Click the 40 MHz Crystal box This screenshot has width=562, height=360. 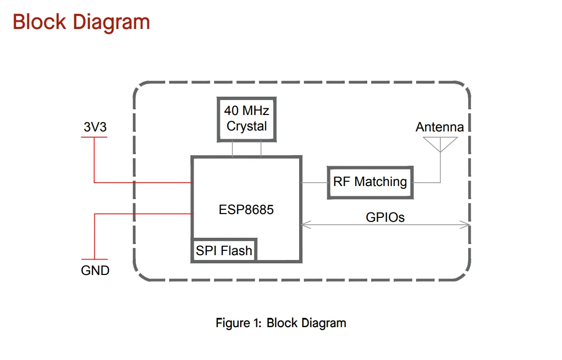(x=246, y=119)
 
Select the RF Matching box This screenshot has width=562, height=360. (x=370, y=182)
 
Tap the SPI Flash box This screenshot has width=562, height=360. (x=224, y=250)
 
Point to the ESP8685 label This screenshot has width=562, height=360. (x=246, y=210)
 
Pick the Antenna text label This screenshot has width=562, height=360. (x=439, y=127)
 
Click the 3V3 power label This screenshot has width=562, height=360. (x=95, y=127)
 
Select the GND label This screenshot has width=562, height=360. (x=95, y=271)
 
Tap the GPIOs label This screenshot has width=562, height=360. (x=385, y=217)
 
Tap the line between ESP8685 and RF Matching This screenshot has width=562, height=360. (x=315, y=183)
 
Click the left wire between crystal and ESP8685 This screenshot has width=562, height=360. (x=232, y=149)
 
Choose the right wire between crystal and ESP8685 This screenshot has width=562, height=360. (x=261, y=149)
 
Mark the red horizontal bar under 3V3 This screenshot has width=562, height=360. (x=94, y=137)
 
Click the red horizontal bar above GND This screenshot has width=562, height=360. (x=94, y=259)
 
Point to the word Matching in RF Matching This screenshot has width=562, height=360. (x=380, y=182)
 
